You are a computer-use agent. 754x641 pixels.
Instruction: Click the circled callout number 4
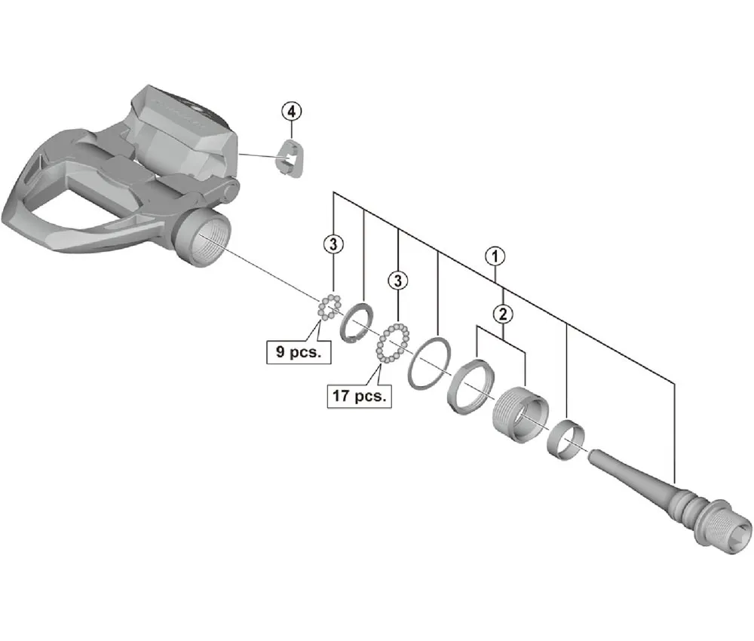(291, 111)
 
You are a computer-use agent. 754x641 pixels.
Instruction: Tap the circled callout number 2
(501, 312)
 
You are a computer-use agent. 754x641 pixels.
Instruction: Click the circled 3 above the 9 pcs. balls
(334, 243)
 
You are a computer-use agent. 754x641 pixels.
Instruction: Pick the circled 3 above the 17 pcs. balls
(397, 281)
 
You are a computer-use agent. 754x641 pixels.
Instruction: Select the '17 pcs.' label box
(359, 395)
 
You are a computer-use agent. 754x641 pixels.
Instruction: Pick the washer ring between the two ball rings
(357, 324)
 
